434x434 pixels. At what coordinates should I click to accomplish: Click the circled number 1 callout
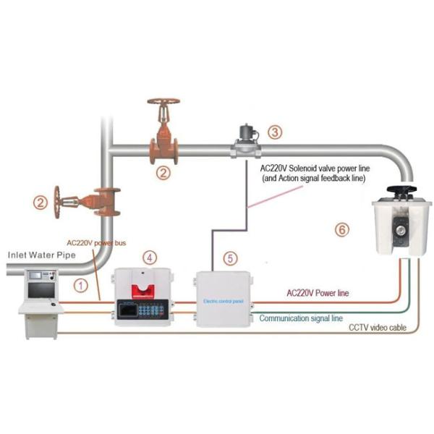(x=82, y=286)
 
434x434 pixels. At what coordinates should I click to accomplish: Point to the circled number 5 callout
(x=230, y=257)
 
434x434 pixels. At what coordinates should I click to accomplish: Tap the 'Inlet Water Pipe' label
(x=41, y=255)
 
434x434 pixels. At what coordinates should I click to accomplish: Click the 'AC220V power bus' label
(x=96, y=243)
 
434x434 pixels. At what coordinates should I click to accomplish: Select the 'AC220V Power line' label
(x=318, y=293)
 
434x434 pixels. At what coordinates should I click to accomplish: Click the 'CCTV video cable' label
(x=377, y=328)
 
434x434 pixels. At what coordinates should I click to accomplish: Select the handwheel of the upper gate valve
(x=163, y=102)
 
